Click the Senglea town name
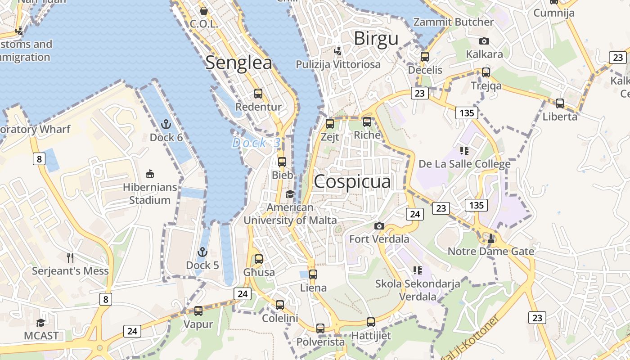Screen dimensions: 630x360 238,63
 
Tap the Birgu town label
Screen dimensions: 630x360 376,39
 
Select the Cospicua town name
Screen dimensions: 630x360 352,181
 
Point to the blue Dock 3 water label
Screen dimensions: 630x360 256,143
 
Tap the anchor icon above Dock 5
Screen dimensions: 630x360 202,252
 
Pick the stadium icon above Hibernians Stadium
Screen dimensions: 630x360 150,174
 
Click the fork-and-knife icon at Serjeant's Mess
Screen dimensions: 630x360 70,257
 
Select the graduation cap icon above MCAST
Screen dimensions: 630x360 41,322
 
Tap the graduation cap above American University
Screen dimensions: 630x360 290,194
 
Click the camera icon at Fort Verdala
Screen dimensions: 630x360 379,226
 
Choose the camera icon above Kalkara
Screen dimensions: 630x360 484,41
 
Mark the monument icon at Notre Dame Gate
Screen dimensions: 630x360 491,238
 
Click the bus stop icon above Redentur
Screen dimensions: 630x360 258,94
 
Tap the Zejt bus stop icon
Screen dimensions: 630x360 330,123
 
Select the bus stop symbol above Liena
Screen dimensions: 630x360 313,274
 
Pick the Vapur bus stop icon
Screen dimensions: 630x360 198,310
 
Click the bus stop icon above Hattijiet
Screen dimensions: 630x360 371,322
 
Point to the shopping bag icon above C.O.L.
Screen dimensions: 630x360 204,10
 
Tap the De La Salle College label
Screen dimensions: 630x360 464,164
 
